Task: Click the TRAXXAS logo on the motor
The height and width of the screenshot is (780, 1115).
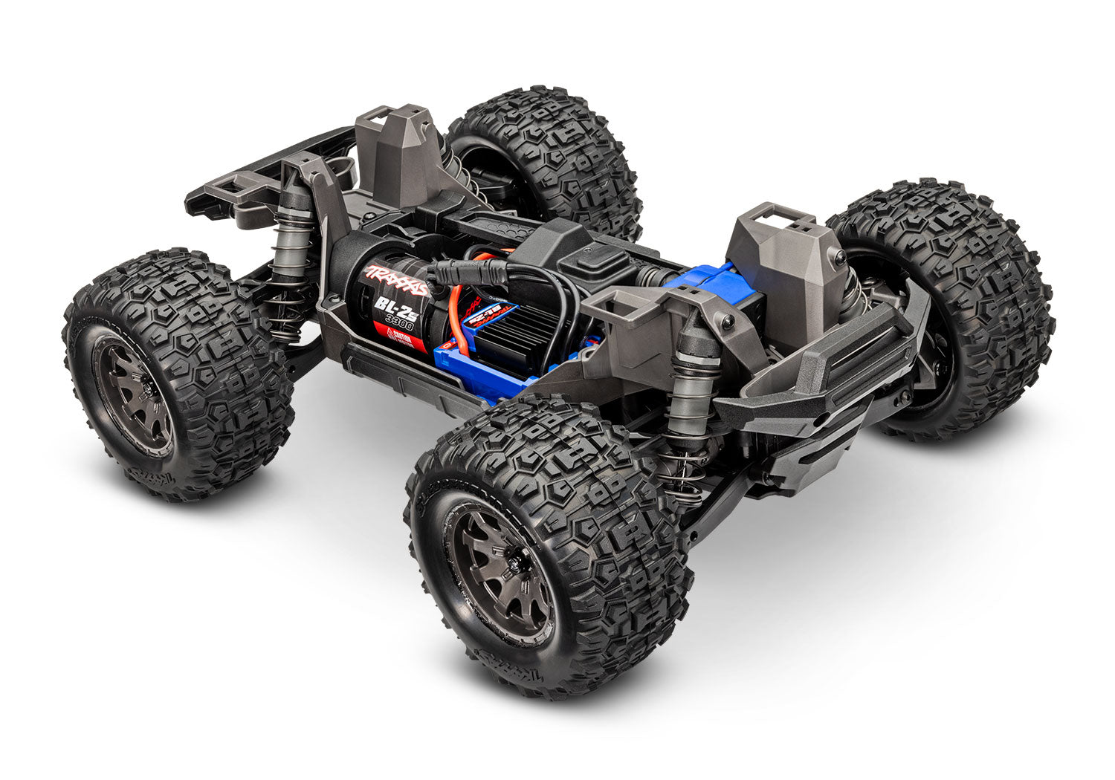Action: pyautogui.click(x=395, y=280)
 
